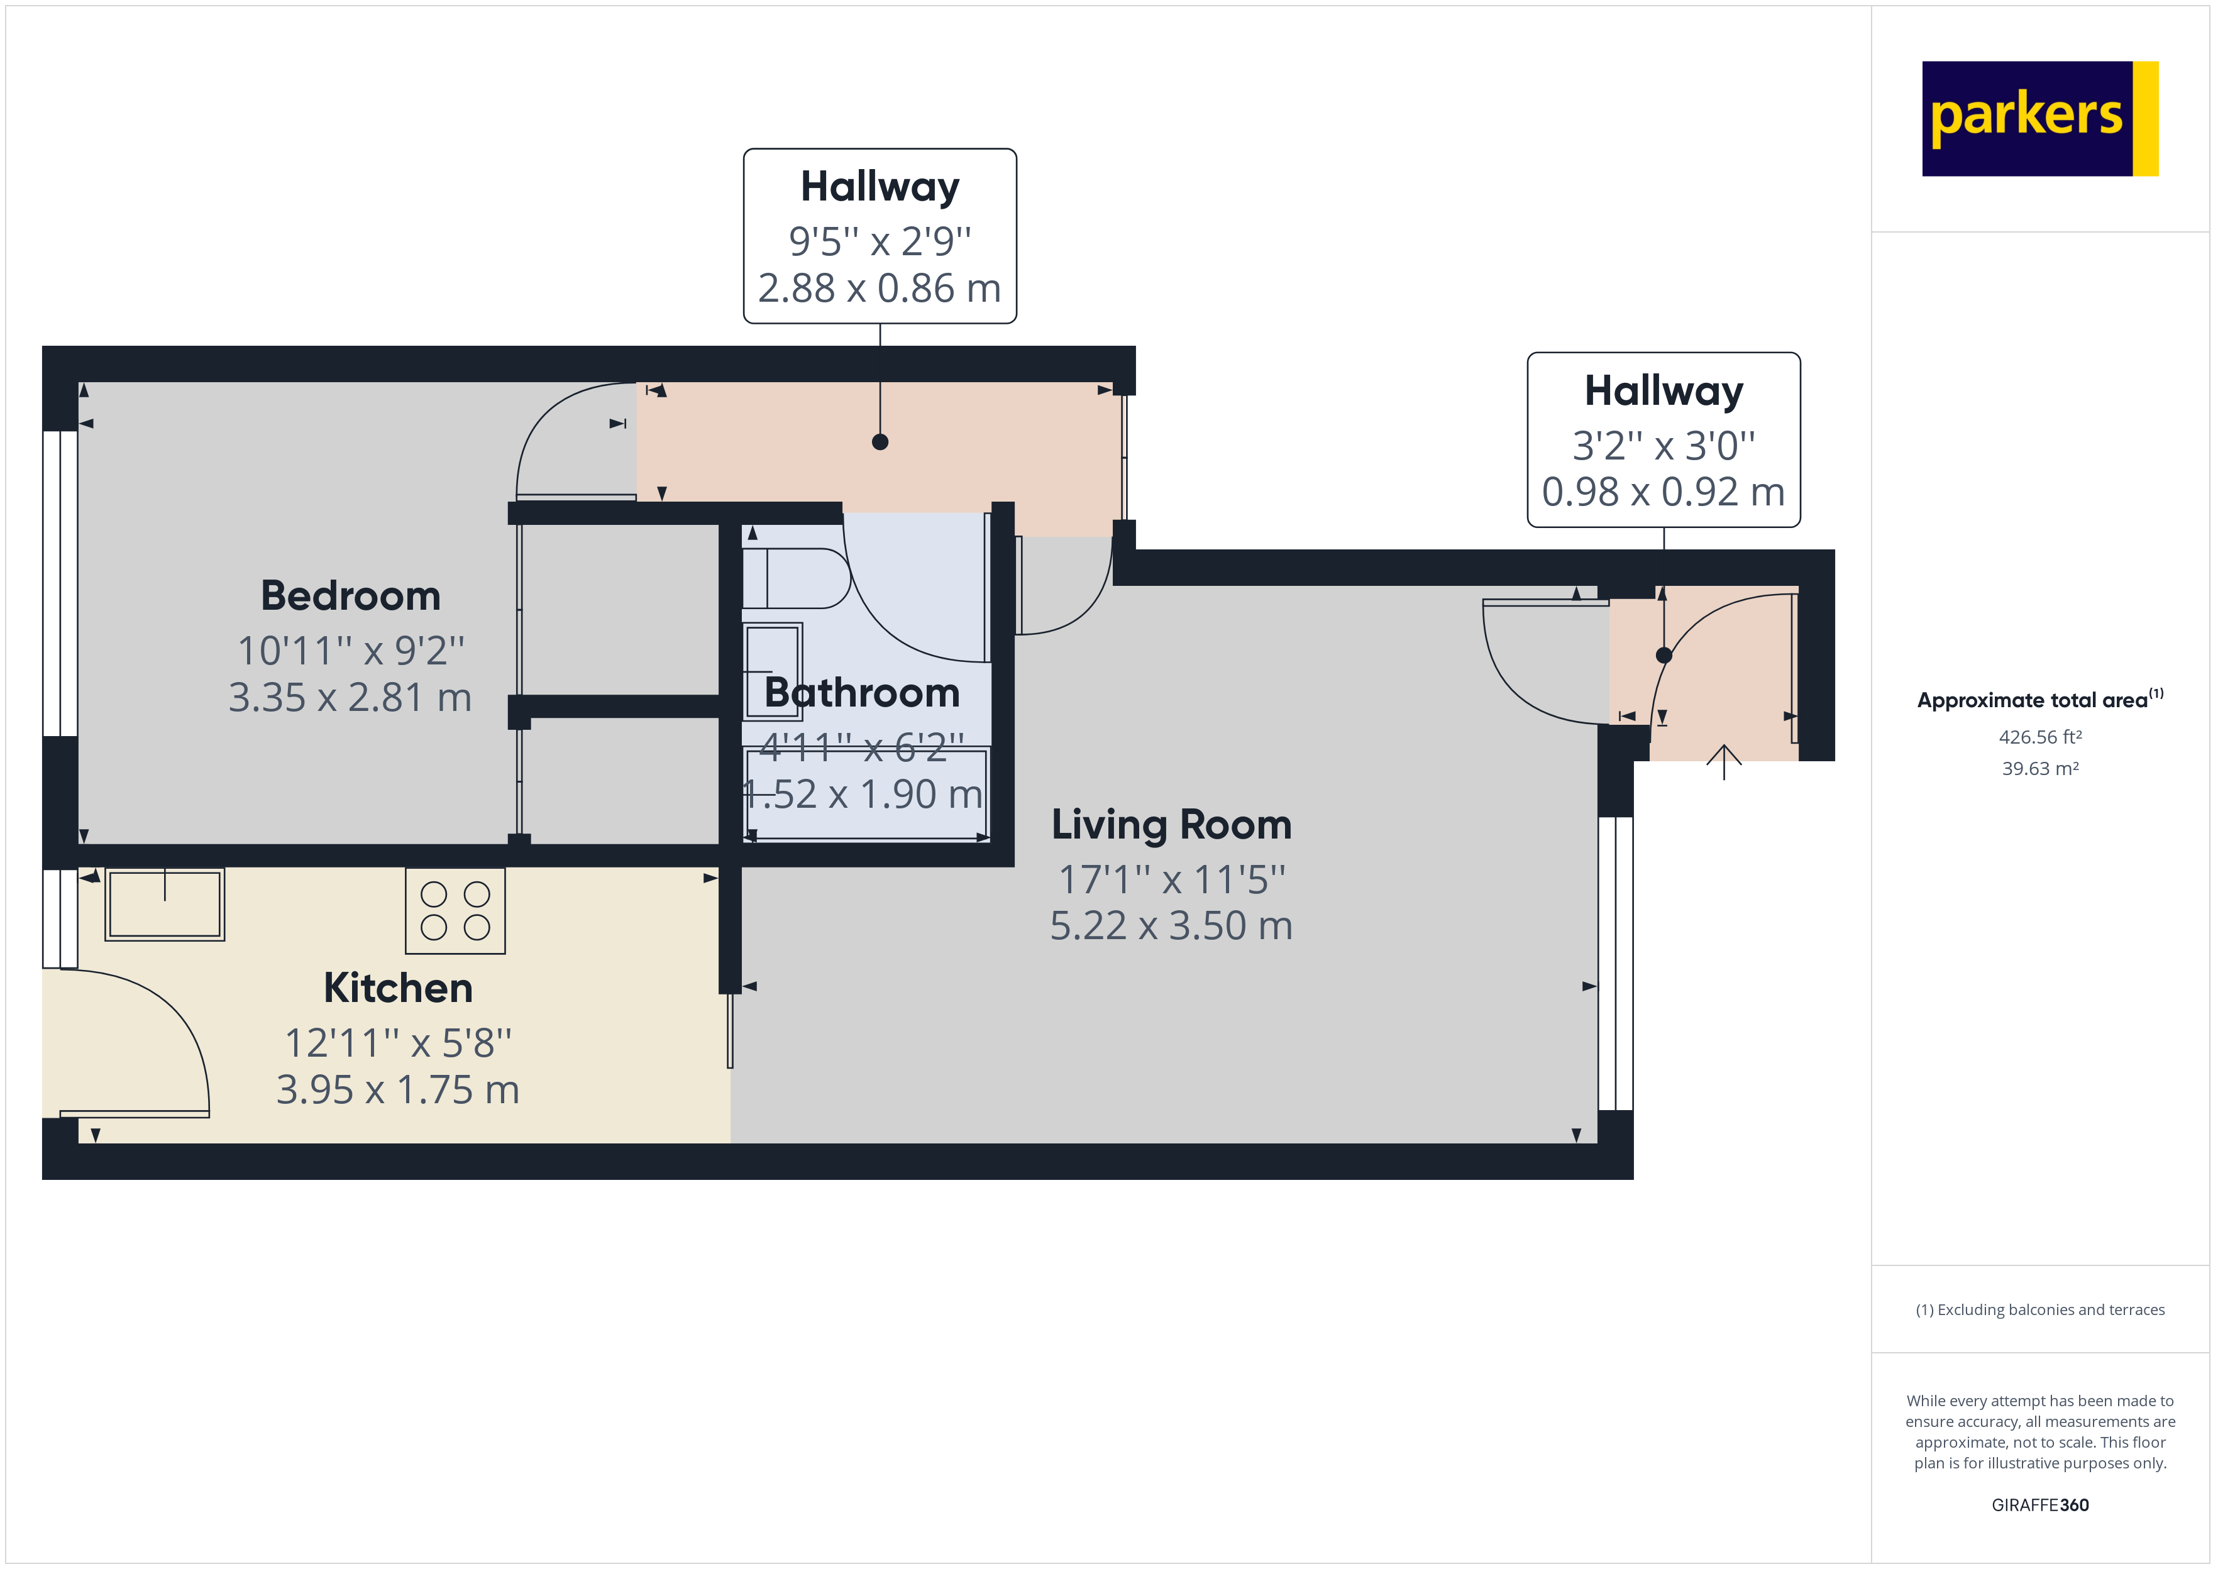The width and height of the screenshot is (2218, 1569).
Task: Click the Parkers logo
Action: pyautogui.click(x=2039, y=119)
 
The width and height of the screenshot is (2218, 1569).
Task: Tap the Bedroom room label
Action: pyautogui.click(x=351, y=595)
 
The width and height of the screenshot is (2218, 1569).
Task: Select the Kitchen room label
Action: pyautogui.click(x=398, y=988)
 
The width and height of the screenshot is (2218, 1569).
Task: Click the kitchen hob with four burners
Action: pyautogui.click(x=455, y=911)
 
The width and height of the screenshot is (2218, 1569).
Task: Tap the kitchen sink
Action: pyautogui.click(x=165, y=905)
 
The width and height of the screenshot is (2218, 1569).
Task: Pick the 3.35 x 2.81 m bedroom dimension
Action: pyautogui.click(x=350, y=698)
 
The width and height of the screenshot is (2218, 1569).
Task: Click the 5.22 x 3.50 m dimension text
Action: pyautogui.click(x=1171, y=925)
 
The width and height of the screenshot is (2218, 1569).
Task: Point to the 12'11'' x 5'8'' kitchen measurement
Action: pyautogui.click(x=398, y=1043)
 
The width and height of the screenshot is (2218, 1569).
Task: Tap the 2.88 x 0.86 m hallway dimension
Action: pyautogui.click(x=879, y=288)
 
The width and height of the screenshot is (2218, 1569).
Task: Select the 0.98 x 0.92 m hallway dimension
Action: pyautogui.click(x=1664, y=492)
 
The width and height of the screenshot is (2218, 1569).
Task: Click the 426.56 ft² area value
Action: pyautogui.click(x=2040, y=737)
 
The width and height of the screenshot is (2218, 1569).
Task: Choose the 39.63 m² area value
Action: pyautogui.click(x=2040, y=769)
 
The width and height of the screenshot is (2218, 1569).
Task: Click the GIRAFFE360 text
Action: pyautogui.click(x=2040, y=1506)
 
